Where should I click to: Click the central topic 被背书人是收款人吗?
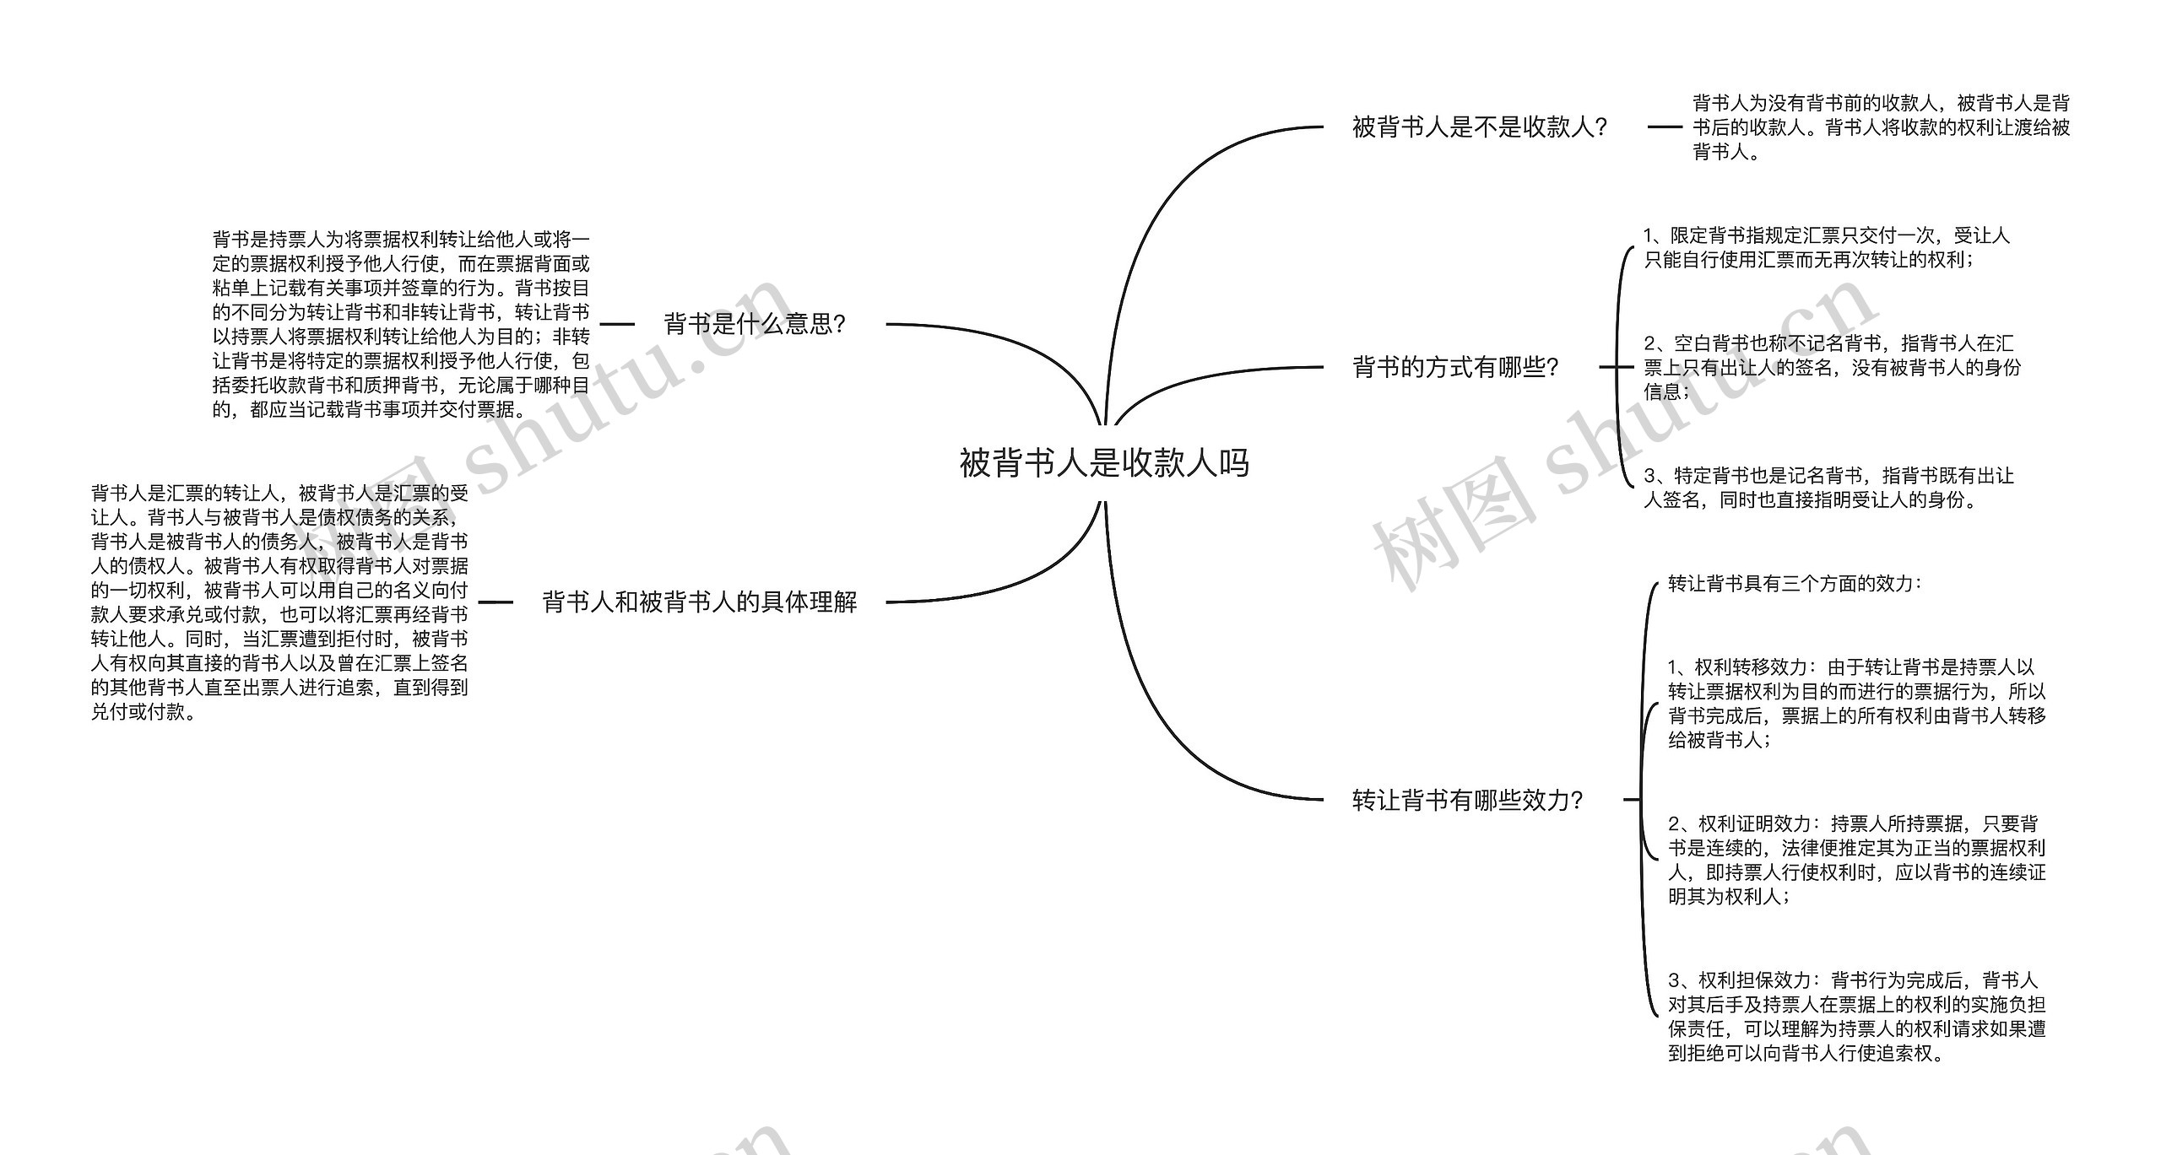[1103, 463]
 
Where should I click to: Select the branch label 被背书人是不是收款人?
[1479, 127]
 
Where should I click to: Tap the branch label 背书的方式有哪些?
[1455, 368]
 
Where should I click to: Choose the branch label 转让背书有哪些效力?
[1467, 800]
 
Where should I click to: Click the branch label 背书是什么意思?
[755, 324]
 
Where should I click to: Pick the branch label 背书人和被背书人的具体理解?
[699, 602]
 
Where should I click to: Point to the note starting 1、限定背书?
[1826, 248]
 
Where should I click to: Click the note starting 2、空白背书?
[1832, 368]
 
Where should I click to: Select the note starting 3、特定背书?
[1828, 488]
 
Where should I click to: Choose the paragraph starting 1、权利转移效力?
[1856, 704]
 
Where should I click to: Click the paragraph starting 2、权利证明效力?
[1856, 860]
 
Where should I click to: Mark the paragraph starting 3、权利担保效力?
[1856, 1016]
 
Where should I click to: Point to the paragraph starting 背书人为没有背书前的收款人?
[1881, 127]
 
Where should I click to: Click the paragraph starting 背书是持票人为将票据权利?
[401, 325]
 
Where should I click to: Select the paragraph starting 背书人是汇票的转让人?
[279, 602]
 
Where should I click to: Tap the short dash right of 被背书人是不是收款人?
[1664, 127]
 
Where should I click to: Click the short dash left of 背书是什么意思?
[617, 324]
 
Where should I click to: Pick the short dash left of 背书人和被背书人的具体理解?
[496, 602]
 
